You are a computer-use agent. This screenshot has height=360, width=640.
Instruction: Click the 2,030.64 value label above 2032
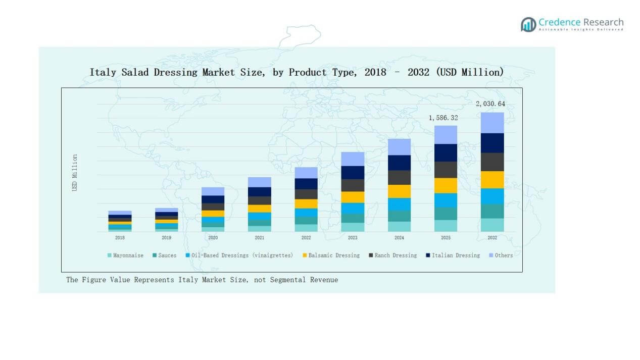click(490, 104)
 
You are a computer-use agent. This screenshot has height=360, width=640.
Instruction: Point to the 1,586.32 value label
click(443, 118)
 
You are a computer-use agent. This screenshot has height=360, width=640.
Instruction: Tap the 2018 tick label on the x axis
click(120, 238)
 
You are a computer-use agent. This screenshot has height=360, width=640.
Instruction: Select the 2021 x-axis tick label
click(259, 238)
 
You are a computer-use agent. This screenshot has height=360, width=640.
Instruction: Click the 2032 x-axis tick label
click(492, 238)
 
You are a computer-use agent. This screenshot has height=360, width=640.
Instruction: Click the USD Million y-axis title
click(75, 173)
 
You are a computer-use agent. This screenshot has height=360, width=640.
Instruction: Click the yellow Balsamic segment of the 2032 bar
click(492, 180)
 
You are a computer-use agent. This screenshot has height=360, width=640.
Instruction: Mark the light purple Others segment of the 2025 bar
click(446, 135)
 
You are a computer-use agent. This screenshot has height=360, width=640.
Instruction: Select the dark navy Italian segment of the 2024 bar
click(399, 163)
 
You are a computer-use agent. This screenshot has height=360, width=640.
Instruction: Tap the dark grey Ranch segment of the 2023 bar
click(353, 185)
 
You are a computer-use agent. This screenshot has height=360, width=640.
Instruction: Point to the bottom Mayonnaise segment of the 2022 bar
click(306, 228)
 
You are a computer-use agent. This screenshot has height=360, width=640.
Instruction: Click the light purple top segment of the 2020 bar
click(213, 191)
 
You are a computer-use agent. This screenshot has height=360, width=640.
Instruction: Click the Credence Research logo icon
click(528, 24)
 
